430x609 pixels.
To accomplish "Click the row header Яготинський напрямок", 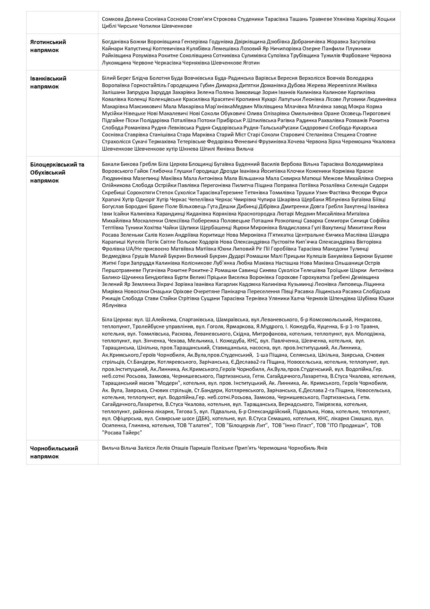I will pos(48,46).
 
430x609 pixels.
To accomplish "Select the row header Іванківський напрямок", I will pos(48,83).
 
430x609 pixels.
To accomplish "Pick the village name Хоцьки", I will pos(386,19).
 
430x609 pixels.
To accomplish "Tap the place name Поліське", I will pos(222,448).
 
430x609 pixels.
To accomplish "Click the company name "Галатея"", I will pos(200,425).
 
